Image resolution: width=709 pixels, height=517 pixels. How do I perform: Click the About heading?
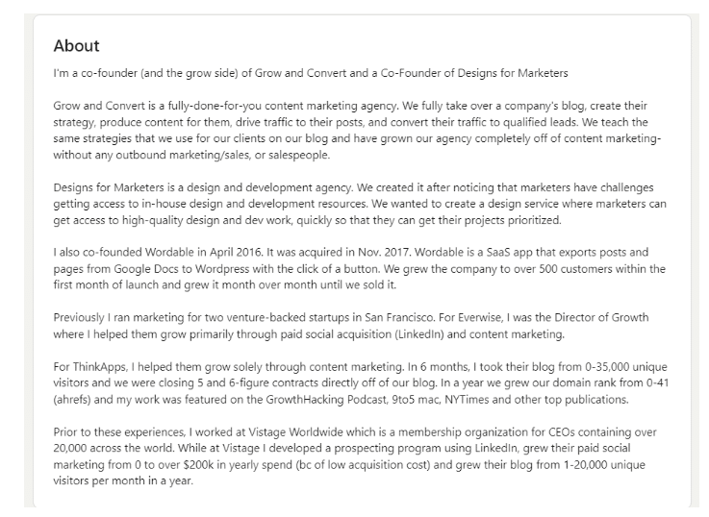pos(76,45)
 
